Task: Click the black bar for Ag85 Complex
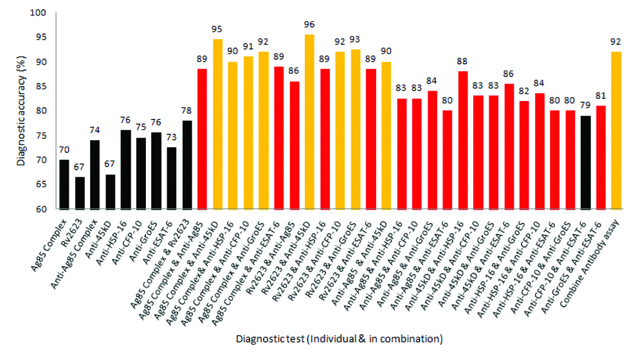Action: pos(64,184)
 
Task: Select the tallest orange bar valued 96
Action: pos(309,122)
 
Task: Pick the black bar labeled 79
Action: pos(585,163)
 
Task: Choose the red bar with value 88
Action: pos(462,140)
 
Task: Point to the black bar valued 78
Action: pos(187,165)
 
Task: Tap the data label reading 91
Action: pos(248,46)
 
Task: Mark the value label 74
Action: pos(95,130)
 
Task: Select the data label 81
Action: pos(601,95)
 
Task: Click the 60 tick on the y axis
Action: pos(41,209)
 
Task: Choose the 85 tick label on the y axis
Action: pos(41,86)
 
